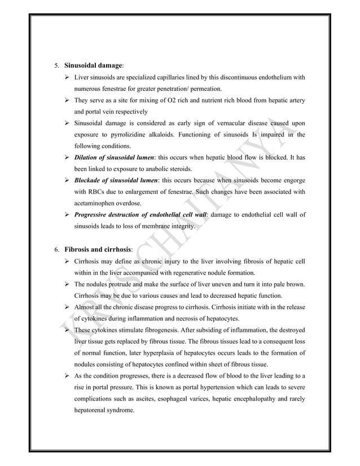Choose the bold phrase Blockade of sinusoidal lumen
[x=117, y=181]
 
